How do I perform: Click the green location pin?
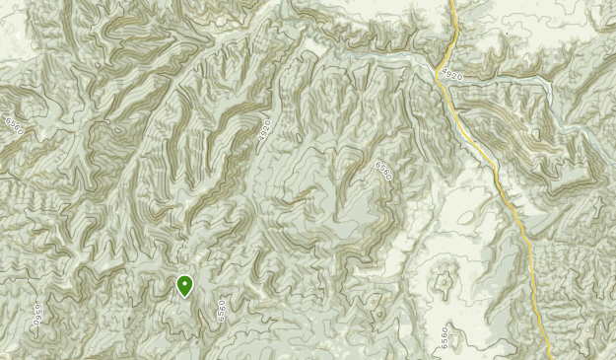184,285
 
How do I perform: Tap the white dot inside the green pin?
184,283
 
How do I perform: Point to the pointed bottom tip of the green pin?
184,297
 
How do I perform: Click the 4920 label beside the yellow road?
452,74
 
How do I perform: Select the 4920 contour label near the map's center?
265,134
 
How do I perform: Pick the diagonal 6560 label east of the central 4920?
383,171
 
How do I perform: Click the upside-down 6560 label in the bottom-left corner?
40,314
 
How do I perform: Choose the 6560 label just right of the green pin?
223,311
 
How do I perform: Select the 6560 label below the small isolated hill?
445,335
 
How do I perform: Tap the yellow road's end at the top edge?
452,2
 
